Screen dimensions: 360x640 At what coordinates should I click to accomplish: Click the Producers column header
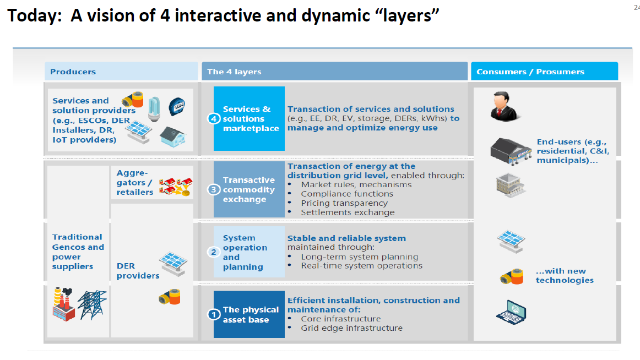(73, 72)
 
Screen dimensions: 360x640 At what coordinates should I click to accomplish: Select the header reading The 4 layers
(234, 72)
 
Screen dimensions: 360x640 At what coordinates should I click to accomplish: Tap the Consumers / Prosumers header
(530, 72)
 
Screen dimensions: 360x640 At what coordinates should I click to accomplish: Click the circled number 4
(214, 119)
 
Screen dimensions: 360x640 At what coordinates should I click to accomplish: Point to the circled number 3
(214, 190)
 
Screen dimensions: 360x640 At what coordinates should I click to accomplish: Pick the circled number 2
(214, 252)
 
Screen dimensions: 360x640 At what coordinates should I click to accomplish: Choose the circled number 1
(214, 315)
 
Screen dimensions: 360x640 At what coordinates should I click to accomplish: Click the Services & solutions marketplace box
(250, 118)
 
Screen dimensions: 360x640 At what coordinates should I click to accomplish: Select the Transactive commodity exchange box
(249, 189)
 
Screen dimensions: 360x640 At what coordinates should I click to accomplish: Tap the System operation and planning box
(249, 252)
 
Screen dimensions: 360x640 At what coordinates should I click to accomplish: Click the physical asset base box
(250, 314)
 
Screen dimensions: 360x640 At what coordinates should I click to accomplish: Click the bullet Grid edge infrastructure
(351, 328)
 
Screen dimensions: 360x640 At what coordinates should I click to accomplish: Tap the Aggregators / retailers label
(134, 182)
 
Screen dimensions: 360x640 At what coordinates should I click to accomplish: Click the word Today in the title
(34, 16)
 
